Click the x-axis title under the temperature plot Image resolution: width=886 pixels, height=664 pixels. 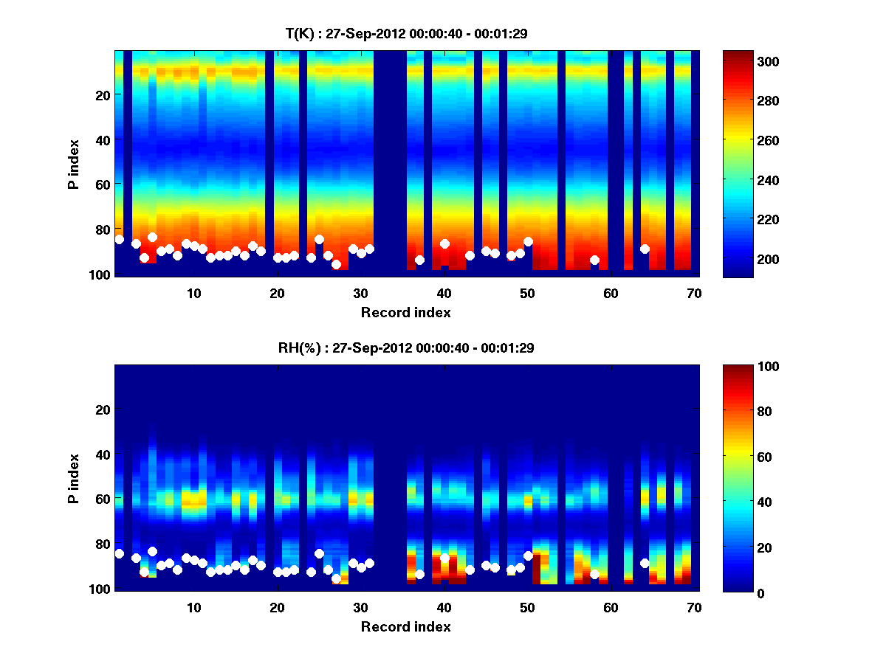point(406,312)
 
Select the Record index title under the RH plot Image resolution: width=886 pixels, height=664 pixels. point(406,626)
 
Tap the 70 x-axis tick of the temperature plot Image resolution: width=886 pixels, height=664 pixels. point(694,293)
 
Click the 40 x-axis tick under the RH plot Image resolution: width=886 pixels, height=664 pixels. point(444,607)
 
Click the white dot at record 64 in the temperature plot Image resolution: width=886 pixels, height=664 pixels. point(645,249)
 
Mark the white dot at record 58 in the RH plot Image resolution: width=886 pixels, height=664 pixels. point(594,574)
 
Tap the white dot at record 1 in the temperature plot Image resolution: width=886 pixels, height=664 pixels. point(120,240)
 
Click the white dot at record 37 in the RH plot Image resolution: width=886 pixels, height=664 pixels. point(419,574)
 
